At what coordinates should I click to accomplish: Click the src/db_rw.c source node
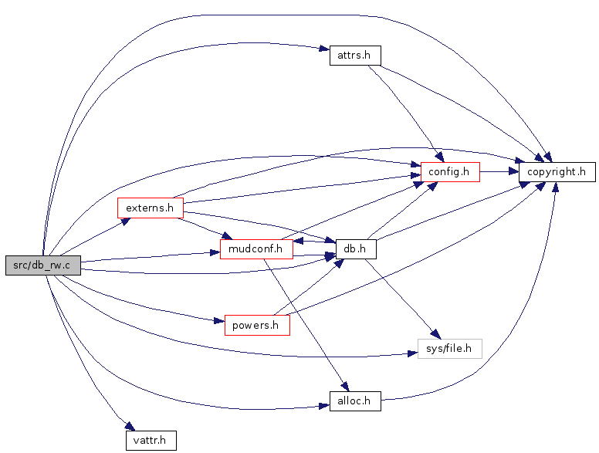(43, 265)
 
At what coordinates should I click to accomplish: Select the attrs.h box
(355, 56)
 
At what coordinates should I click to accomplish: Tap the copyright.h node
(557, 172)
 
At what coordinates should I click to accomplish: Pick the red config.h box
(450, 172)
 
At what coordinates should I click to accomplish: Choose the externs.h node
(151, 208)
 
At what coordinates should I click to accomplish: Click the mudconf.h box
(256, 249)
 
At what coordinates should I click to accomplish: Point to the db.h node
(356, 249)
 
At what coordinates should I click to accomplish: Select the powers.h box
(257, 325)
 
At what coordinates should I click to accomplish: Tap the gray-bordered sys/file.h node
(449, 348)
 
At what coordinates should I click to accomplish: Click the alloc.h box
(355, 401)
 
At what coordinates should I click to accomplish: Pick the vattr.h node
(151, 440)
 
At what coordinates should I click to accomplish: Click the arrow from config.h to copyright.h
(499, 172)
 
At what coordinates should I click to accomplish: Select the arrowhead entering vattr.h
(130, 426)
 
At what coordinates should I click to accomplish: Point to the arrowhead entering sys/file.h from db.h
(436, 334)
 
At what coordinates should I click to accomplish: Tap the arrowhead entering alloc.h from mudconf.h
(344, 386)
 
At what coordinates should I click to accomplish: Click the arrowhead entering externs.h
(126, 221)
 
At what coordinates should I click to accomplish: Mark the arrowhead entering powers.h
(219, 320)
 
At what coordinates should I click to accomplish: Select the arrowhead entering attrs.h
(324, 49)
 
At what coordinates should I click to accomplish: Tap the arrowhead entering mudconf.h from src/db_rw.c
(215, 253)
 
